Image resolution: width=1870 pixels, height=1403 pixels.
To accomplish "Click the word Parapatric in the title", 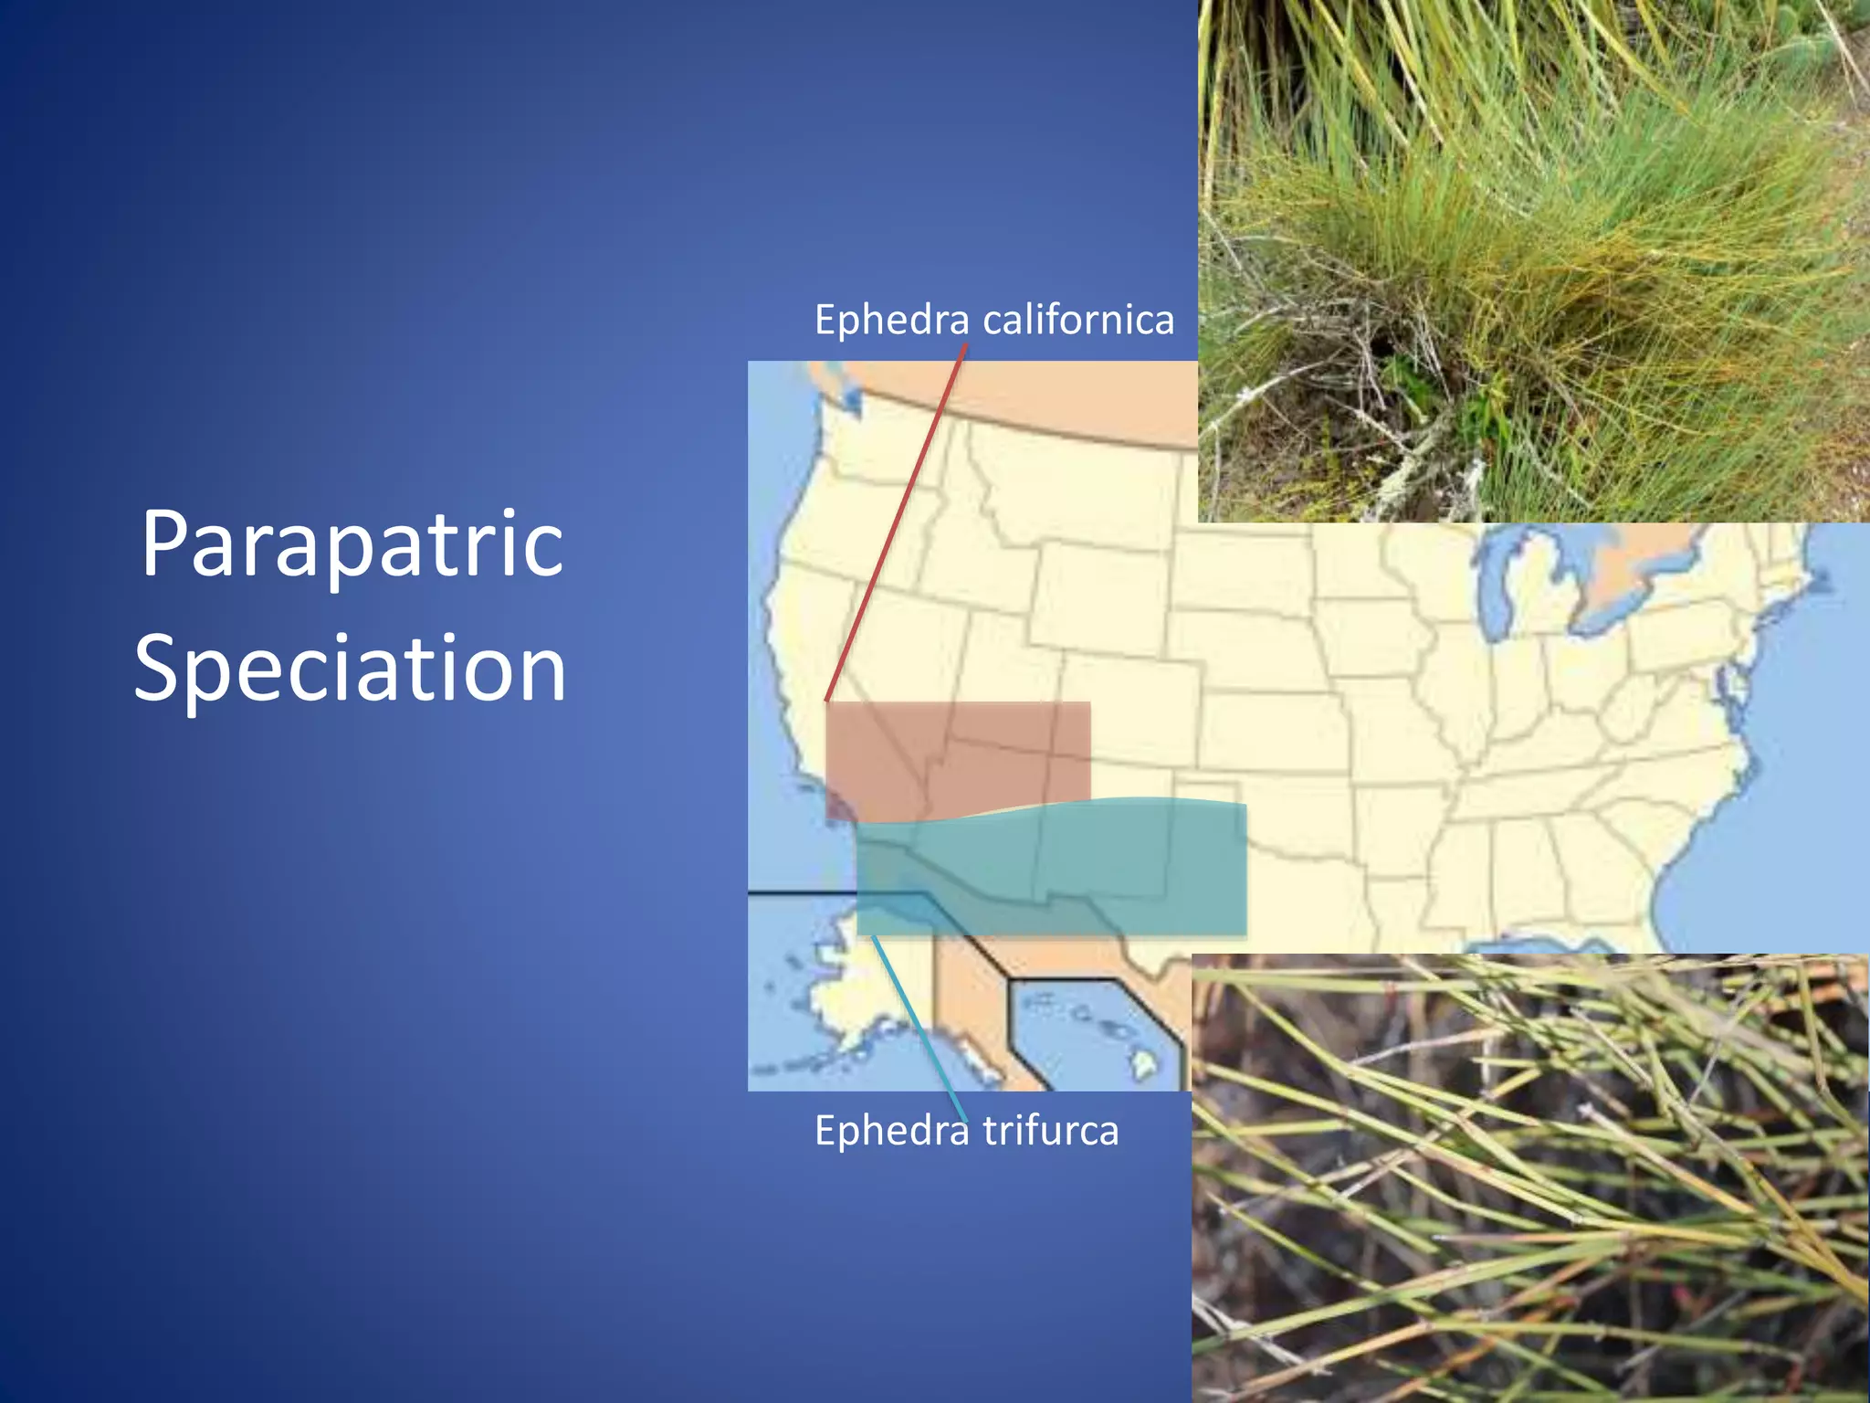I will [x=352, y=545].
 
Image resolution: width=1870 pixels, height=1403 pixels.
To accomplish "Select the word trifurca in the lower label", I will [x=1050, y=1131].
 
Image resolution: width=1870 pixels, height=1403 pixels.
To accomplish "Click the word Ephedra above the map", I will [x=891, y=321].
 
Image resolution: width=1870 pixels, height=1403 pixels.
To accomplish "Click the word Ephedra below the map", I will [x=891, y=1131].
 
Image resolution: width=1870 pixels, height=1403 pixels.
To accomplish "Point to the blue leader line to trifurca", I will [x=918, y=1023].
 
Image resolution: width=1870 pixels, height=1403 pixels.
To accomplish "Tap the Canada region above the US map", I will [x=1050, y=393].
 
